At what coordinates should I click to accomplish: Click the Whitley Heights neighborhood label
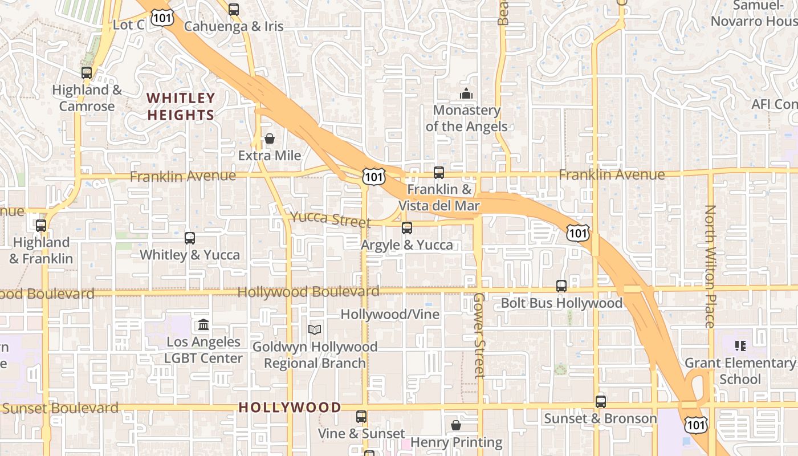pyautogui.click(x=181, y=107)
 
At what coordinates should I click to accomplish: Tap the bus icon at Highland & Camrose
pyautogui.click(x=87, y=73)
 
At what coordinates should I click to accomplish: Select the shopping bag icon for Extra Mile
pyautogui.click(x=270, y=139)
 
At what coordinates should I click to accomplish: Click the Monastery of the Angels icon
pyautogui.click(x=466, y=93)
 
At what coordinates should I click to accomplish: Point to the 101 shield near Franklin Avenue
pyautogui.click(x=373, y=177)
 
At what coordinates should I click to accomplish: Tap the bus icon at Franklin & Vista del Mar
pyautogui.click(x=438, y=172)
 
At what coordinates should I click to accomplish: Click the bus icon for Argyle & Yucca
pyautogui.click(x=407, y=228)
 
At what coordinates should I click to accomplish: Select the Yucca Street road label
pyautogui.click(x=330, y=219)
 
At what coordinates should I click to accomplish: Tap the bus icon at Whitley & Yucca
pyautogui.click(x=190, y=238)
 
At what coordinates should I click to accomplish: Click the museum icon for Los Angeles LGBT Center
pyautogui.click(x=203, y=325)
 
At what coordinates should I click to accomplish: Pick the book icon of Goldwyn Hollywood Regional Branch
pyautogui.click(x=315, y=329)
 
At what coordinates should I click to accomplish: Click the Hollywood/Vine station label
pyautogui.click(x=390, y=314)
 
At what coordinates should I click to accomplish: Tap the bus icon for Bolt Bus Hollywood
pyautogui.click(x=561, y=286)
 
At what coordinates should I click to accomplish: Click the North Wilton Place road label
pyautogui.click(x=710, y=266)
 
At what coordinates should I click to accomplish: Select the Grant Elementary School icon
pyautogui.click(x=740, y=345)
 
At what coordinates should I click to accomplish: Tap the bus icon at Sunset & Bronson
pyautogui.click(x=601, y=401)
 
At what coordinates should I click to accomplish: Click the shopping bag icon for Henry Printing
pyautogui.click(x=456, y=425)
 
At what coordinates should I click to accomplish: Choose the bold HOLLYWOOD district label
pyautogui.click(x=290, y=408)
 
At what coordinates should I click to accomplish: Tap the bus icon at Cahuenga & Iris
pyautogui.click(x=234, y=9)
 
